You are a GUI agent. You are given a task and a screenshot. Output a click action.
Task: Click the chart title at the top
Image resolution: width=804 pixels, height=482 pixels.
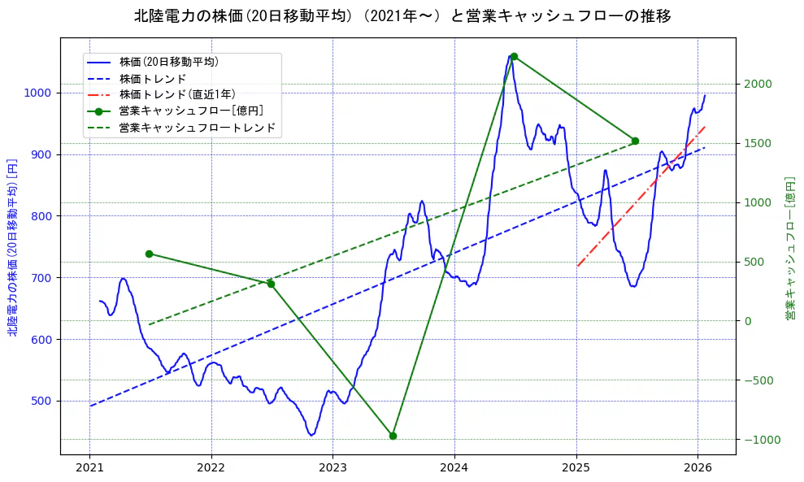click(402, 16)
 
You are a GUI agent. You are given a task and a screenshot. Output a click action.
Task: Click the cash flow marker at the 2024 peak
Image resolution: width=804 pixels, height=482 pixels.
click(514, 56)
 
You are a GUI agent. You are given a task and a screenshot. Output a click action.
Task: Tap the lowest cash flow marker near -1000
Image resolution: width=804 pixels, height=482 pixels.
click(393, 436)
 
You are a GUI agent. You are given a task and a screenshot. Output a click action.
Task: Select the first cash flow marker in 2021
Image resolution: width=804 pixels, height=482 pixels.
click(149, 254)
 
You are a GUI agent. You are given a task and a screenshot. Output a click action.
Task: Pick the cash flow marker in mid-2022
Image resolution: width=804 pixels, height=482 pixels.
click(271, 284)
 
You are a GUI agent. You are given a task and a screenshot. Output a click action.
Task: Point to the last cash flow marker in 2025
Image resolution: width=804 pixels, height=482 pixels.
click(635, 141)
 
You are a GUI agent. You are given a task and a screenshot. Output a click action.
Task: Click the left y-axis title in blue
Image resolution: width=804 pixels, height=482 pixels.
click(12, 246)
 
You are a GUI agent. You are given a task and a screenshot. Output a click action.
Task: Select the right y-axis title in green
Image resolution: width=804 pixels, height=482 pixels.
click(789, 246)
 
